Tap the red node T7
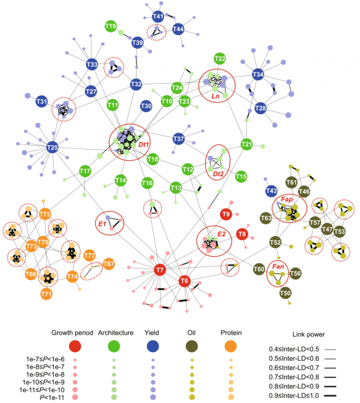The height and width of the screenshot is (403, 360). click(159, 270)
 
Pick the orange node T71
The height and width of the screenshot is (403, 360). click(46, 294)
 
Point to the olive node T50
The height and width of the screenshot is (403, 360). click(285, 294)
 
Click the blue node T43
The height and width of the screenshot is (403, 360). click(271, 191)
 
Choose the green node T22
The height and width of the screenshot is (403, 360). click(220, 59)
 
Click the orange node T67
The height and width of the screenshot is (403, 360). click(108, 264)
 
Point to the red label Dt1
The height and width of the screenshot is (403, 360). click(144, 144)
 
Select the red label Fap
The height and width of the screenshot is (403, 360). click(287, 199)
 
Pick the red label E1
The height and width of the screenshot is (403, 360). click(101, 222)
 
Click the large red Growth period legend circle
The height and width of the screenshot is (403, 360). click(75, 346)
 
